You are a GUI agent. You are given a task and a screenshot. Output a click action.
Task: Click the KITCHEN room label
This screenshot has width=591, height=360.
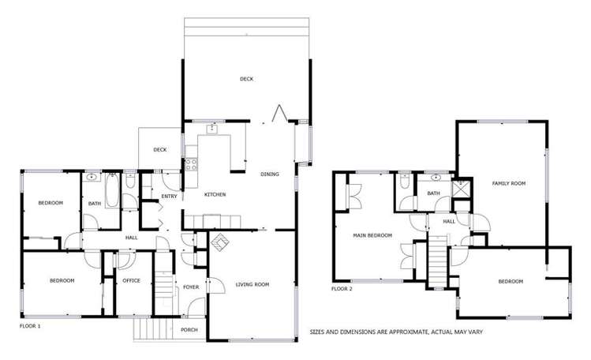pyautogui.click(x=216, y=194)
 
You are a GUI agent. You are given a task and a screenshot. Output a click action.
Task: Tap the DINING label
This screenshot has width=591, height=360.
pyautogui.click(x=270, y=174)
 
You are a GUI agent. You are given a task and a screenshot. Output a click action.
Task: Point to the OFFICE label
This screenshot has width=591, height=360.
pyautogui.click(x=131, y=280)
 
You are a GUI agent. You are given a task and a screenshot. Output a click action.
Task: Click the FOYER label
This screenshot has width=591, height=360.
pyautogui.click(x=192, y=287)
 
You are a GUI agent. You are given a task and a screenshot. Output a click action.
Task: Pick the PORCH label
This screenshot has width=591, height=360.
pyautogui.click(x=189, y=330)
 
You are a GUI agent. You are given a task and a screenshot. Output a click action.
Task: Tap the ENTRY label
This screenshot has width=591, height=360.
pyautogui.click(x=169, y=197)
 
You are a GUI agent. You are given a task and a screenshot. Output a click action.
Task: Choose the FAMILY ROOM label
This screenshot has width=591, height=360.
pyautogui.click(x=509, y=183)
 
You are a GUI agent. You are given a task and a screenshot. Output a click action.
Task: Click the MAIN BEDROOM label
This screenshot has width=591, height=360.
pyautogui.click(x=372, y=235)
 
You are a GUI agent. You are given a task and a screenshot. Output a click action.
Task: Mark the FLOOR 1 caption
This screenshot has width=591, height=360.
pyautogui.click(x=29, y=325)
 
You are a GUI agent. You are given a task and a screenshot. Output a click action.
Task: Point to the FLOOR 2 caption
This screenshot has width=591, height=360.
pyautogui.click(x=341, y=289)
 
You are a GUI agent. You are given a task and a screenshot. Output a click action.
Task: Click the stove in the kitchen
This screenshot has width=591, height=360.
pyautogui.click(x=190, y=166)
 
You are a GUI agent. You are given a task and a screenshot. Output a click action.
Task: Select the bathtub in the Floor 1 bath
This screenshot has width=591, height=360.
pyautogui.click(x=111, y=193)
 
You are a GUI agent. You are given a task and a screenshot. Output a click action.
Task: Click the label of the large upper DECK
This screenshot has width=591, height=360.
pyautogui.click(x=247, y=78)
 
